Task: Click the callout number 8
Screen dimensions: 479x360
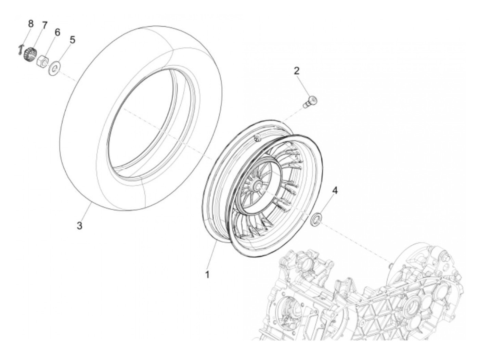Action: (31, 24)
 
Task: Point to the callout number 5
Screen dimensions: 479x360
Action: (72, 40)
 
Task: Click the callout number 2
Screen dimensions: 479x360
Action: (296, 71)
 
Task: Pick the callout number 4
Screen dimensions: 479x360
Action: (335, 191)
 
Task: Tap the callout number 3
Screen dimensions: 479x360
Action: (79, 226)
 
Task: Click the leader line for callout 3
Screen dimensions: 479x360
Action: (86, 212)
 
